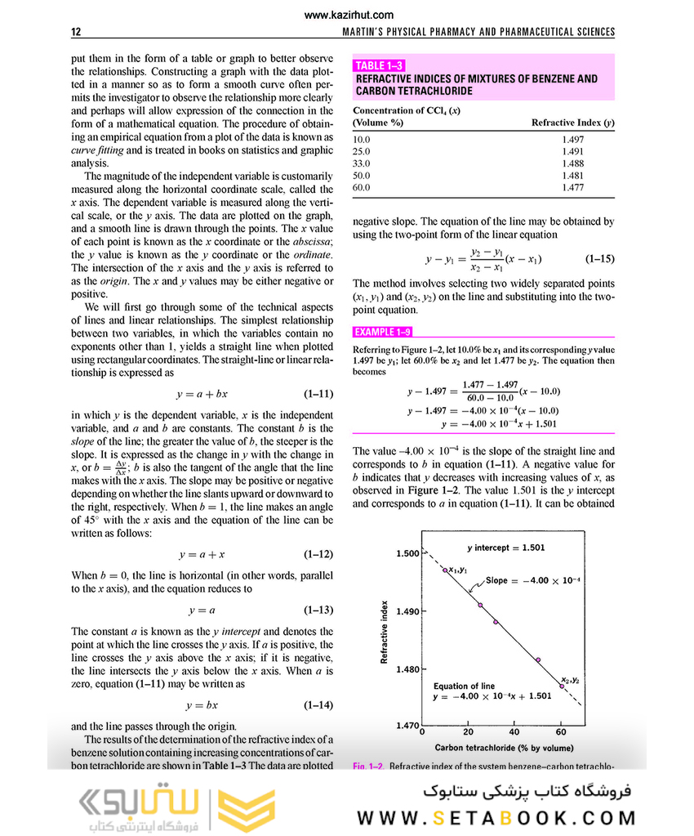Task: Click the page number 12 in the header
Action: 76,32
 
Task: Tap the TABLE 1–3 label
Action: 380,65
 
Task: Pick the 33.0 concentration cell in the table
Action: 361,163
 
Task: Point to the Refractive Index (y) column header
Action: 572,123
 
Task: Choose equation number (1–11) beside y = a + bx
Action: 318,393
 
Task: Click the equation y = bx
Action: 202,704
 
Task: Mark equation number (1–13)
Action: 318,610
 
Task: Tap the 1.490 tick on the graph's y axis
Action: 407,611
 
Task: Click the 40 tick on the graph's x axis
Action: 514,732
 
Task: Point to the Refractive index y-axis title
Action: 384,633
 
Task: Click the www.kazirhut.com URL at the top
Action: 348,14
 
